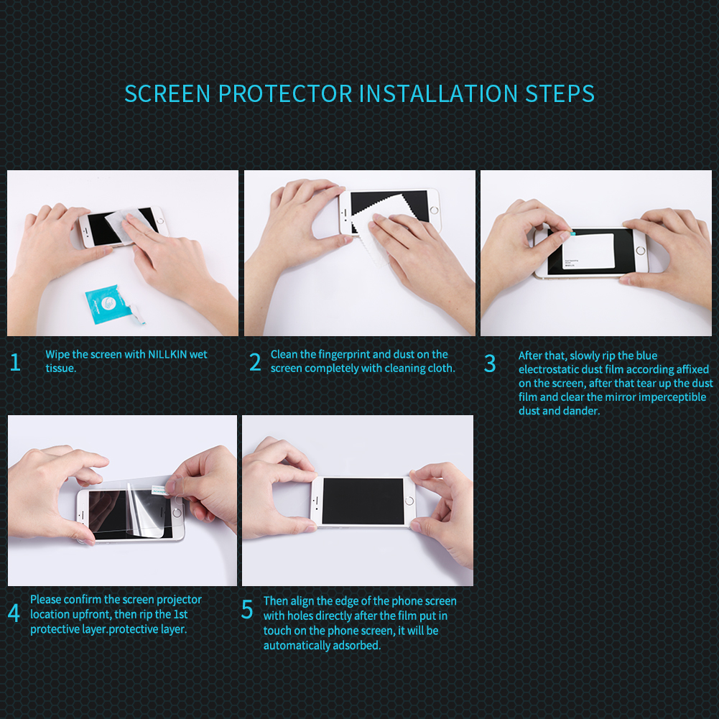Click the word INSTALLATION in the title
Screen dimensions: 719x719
tap(438, 93)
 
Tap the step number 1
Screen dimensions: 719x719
tap(15, 362)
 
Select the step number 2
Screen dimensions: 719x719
tap(255, 362)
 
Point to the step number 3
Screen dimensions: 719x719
tap(490, 363)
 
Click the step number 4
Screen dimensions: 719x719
tap(14, 613)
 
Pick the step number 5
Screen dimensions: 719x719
tap(247, 609)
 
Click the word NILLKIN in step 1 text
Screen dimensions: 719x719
tap(167, 354)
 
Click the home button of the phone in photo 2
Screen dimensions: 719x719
tap(434, 210)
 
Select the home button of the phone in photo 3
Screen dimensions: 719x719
tap(641, 251)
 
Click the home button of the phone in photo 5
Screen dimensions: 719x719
tap(410, 500)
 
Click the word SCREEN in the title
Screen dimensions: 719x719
tap(167, 93)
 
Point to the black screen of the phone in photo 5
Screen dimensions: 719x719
tap(363, 501)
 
